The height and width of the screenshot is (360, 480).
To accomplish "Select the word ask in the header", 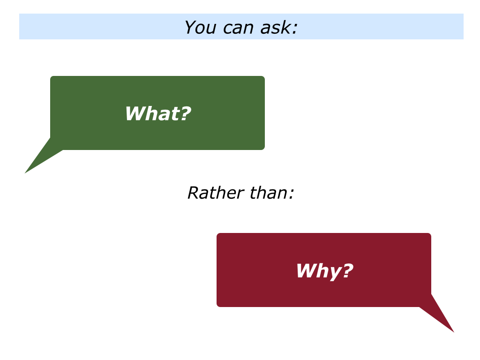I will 278,27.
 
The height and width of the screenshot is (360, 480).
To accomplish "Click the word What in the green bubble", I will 152,114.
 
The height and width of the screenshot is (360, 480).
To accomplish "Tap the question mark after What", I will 186,114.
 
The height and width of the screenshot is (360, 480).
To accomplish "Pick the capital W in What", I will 134,114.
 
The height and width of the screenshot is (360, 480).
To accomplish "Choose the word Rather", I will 210,193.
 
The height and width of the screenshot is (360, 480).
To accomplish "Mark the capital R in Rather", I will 193,193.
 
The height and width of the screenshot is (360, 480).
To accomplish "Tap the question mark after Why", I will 347,271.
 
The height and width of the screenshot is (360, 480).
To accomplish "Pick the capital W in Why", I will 305,271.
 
